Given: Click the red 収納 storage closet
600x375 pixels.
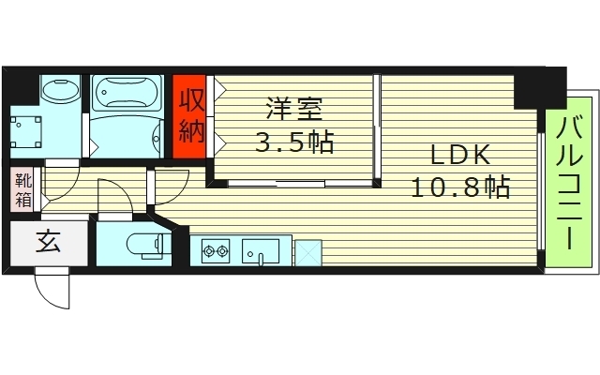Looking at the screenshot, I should click(191, 113).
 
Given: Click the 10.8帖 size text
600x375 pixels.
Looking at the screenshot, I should click(459, 187).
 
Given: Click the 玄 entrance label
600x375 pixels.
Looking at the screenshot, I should click(48, 242).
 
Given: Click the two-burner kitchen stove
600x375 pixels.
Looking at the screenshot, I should click(217, 250).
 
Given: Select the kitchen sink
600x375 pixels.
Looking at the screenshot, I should click(261, 251).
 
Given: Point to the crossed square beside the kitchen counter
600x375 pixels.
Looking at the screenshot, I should click(307, 251).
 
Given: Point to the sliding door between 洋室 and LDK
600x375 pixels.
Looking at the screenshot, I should click(377, 127).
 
